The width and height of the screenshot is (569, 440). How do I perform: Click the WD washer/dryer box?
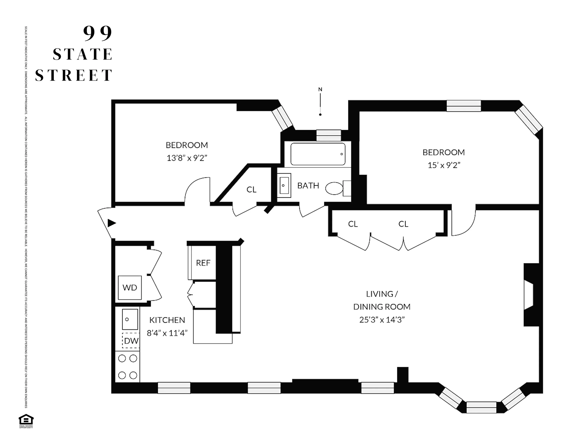pos(129,287)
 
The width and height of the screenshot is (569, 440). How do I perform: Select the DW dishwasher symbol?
pos(131,340)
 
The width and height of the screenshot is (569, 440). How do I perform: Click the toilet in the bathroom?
pos(335,188)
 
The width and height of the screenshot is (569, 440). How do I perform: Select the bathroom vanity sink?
pos(284,185)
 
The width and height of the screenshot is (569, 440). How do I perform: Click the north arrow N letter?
pos(320,89)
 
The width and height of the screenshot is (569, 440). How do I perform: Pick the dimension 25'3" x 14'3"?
pos(382,320)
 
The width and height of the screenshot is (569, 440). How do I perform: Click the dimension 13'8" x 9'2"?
pos(187,158)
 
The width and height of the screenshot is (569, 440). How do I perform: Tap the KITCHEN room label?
pos(167,320)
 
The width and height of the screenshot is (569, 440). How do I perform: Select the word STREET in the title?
pos(74,75)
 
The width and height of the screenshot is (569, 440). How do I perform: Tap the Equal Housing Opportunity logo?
pos(26,421)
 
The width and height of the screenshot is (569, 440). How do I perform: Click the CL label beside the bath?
pos(251,189)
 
